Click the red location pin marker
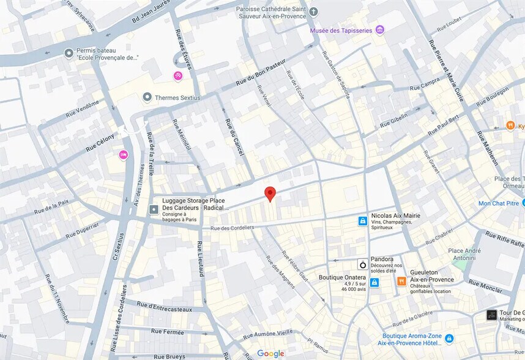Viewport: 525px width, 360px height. [270, 194]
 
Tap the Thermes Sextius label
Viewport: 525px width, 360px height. [177, 97]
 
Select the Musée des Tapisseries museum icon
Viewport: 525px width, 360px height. [380, 29]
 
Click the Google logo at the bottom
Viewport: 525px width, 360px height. [270, 353]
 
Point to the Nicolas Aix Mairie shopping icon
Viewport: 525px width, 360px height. [363, 220]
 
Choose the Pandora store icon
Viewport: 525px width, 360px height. [363, 264]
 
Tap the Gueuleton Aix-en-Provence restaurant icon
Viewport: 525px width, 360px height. [401, 281]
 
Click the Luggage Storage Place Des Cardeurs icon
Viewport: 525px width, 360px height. [154, 209]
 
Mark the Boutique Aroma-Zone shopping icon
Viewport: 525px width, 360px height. [450, 338]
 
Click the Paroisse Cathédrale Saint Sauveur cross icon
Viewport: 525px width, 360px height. [314, 12]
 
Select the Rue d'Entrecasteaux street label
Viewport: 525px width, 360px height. [164, 307]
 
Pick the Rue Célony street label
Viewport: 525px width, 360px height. [100, 142]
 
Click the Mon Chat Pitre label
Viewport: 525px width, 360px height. [498, 203]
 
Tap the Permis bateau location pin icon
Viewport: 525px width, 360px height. [69, 53]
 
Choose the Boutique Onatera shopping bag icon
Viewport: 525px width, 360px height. [374, 282]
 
